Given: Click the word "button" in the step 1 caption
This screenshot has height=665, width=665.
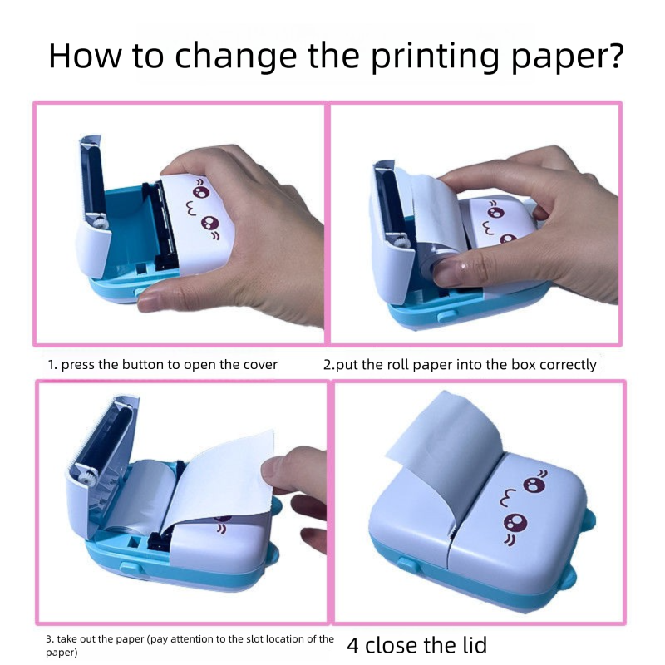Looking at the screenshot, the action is click(142, 365).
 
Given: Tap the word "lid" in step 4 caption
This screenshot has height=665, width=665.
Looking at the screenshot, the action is click(473, 645).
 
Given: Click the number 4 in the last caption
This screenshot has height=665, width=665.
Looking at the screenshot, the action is click(353, 646).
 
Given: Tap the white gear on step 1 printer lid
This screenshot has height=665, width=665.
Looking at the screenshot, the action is click(99, 222).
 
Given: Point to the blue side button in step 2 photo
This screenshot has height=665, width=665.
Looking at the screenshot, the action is click(446, 316).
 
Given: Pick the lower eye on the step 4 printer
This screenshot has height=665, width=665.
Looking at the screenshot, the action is click(515, 524).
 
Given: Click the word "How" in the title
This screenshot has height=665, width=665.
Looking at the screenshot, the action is click(85, 55).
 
